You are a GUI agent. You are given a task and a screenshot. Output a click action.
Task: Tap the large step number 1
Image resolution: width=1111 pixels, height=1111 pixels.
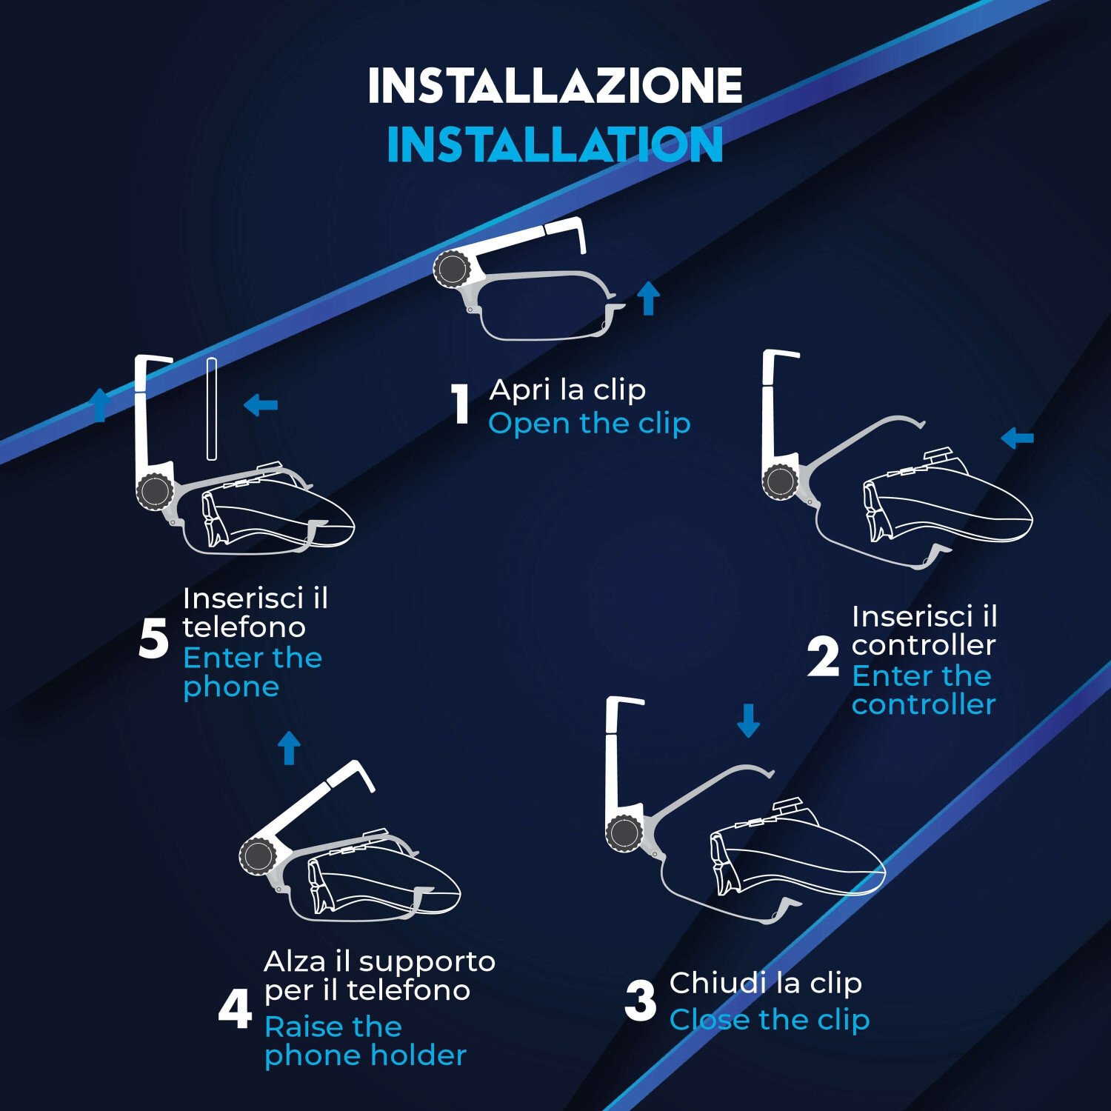[461, 404]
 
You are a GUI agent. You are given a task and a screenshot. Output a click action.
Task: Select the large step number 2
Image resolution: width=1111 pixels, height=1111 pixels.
[823, 656]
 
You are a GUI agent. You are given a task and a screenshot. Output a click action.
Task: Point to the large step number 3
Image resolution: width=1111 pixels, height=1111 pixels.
[640, 1001]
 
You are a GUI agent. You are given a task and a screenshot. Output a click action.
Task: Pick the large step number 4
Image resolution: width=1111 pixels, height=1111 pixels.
[235, 1009]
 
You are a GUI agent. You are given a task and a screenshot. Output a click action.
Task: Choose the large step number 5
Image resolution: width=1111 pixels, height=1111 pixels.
[154, 638]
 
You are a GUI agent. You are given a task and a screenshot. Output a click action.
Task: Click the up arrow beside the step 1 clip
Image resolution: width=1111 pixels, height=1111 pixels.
[649, 298]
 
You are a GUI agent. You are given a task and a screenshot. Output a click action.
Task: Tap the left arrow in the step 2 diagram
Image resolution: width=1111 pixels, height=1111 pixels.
[1017, 438]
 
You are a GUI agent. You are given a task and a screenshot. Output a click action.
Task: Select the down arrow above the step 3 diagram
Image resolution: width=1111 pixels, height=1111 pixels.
[748, 720]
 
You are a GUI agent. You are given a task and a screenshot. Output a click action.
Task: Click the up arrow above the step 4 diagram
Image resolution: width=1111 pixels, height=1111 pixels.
[289, 747]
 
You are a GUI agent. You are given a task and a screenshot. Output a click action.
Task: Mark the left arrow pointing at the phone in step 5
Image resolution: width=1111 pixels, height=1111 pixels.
[261, 404]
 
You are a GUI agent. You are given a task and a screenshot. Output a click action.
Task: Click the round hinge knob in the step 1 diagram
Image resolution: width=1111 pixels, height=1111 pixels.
[451, 268]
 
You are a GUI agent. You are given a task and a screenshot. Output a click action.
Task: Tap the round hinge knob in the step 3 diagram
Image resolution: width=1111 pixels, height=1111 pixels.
[624, 833]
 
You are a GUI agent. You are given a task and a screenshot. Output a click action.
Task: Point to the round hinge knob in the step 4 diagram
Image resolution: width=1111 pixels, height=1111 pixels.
[258, 856]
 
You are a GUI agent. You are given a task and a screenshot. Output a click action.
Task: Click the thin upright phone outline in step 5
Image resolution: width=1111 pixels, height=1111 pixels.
[212, 409]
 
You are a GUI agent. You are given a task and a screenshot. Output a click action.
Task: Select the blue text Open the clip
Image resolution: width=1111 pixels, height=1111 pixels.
[590, 424]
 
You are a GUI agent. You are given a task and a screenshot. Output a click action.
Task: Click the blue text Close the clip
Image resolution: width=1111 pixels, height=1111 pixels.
[770, 1020]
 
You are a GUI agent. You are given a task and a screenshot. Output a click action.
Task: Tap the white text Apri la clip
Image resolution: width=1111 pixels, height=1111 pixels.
[568, 390]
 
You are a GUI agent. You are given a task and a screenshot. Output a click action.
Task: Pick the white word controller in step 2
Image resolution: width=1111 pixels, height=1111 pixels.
[924, 645]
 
